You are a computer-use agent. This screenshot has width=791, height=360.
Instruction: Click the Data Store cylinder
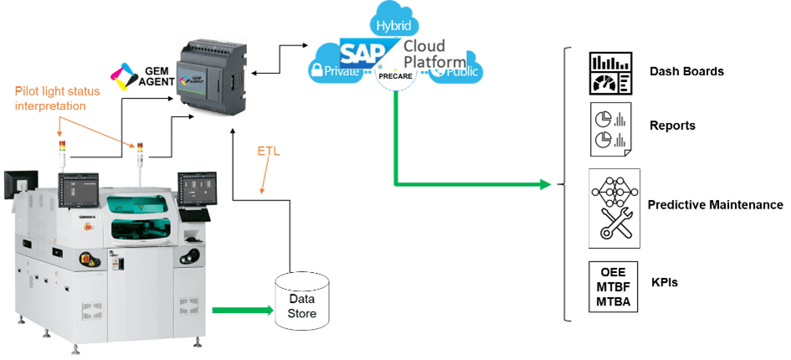pos(301,301)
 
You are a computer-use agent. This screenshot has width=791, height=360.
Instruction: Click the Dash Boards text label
pos(686,71)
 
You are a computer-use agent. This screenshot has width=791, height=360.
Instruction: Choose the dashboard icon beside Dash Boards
pos(613,73)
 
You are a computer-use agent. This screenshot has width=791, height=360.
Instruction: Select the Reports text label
pos(673,126)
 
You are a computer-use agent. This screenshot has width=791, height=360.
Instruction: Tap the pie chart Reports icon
pos(612,127)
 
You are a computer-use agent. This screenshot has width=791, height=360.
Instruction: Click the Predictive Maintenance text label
pos(715,205)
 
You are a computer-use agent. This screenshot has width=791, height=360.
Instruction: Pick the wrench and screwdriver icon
pos(614,224)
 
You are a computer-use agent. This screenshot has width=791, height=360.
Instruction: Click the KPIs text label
pos(665,283)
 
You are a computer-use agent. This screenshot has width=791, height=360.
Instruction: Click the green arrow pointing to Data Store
pos(243,311)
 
